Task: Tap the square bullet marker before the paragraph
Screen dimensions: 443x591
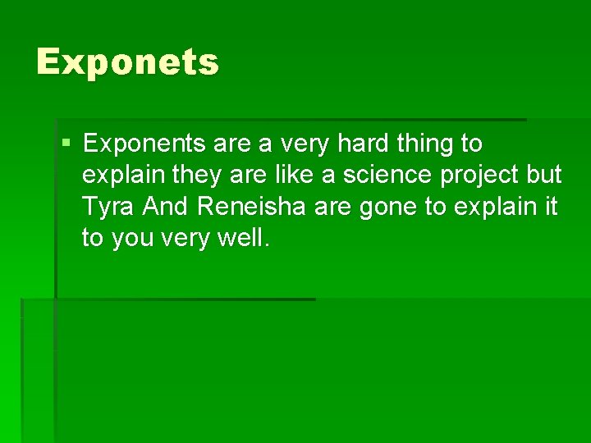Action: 66,144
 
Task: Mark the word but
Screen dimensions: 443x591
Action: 545,176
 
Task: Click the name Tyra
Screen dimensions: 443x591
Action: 108,208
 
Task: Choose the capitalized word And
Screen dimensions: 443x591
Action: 164,208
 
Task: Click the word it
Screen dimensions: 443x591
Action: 550,208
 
